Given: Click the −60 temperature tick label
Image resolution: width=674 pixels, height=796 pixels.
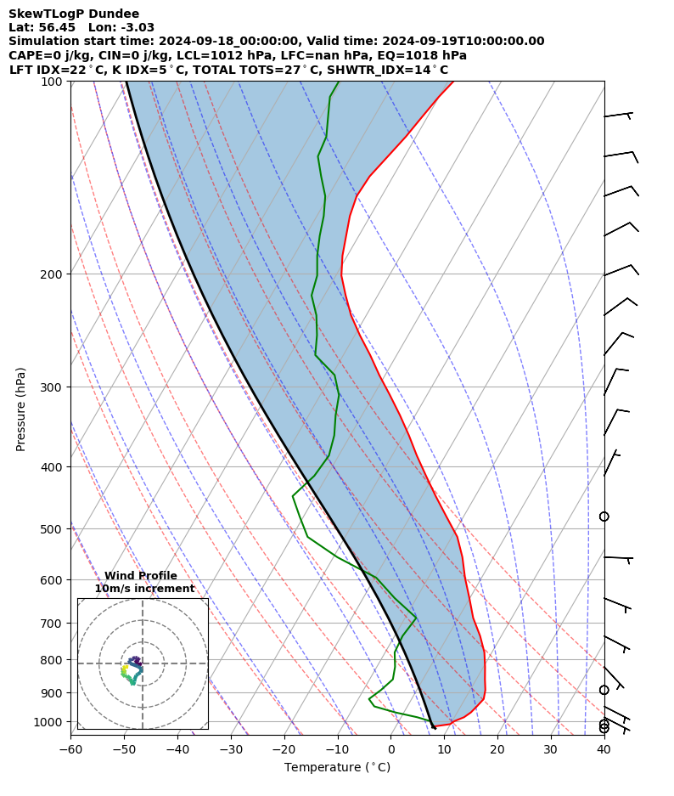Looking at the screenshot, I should point(70,749).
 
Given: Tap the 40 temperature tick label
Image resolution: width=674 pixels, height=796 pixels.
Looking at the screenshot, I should point(604,749).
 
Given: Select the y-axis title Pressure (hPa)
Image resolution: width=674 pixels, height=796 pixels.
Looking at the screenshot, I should point(21,409).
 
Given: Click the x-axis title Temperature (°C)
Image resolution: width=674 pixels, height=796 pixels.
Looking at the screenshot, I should point(337,768).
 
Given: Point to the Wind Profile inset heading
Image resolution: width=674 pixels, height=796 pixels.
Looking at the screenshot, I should point(141,576).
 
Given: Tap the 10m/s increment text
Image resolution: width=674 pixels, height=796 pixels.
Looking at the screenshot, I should point(144,589).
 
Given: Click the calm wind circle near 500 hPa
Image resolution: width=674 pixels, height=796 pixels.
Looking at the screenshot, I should point(604,517).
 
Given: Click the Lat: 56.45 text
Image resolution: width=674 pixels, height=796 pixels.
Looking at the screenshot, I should point(42,27).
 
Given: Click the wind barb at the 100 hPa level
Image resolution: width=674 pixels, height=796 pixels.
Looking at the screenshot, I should point(619,115).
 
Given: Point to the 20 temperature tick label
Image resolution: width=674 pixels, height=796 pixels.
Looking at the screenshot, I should point(497,749).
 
